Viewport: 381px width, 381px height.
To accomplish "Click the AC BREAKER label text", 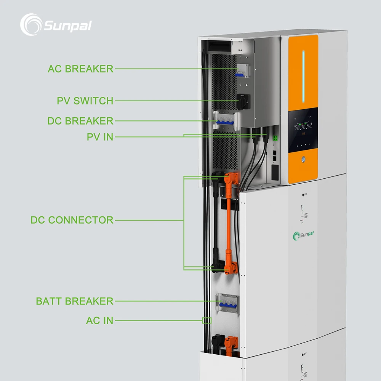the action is tap(80, 69).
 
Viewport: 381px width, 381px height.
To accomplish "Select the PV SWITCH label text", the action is tap(85, 101).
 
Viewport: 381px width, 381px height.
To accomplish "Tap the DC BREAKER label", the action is tap(80, 121).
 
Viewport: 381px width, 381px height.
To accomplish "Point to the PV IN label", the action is tap(100, 137).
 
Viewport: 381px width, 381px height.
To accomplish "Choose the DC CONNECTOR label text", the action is tap(72, 220).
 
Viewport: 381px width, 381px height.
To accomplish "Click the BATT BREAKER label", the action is tap(75, 301).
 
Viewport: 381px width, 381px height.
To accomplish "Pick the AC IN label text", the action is tap(99, 321).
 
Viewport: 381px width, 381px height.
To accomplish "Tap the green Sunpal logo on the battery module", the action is tap(306, 236).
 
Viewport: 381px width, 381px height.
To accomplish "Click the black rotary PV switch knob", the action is tap(242, 101).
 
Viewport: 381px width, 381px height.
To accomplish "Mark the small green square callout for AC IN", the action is tap(207, 320).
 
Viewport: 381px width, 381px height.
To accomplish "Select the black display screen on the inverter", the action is tap(303, 130).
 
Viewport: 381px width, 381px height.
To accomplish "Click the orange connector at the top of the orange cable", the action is tap(231, 178).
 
